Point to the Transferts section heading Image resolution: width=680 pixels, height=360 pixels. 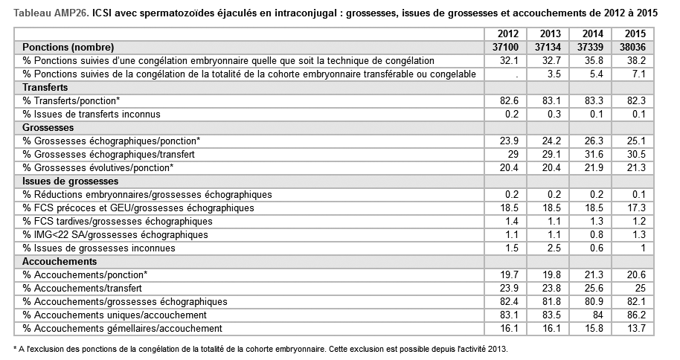click(x=45, y=87)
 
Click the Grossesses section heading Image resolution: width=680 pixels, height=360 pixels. click(x=48, y=127)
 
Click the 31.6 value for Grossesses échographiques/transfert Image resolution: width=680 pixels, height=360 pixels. click(x=591, y=154)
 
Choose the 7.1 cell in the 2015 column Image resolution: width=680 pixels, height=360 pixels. click(x=633, y=74)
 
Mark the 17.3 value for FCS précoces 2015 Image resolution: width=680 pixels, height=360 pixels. click(x=633, y=208)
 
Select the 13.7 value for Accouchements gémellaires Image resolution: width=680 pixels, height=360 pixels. click(x=633, y=328)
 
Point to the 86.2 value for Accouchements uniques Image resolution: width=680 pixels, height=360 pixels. click(x=633, y=315)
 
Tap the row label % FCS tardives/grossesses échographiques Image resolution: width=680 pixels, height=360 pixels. click(x=118, y=221)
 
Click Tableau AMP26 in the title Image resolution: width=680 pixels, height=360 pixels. click(x=51, y=13)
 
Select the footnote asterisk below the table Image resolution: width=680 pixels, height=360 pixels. click(x=16, y=347)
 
